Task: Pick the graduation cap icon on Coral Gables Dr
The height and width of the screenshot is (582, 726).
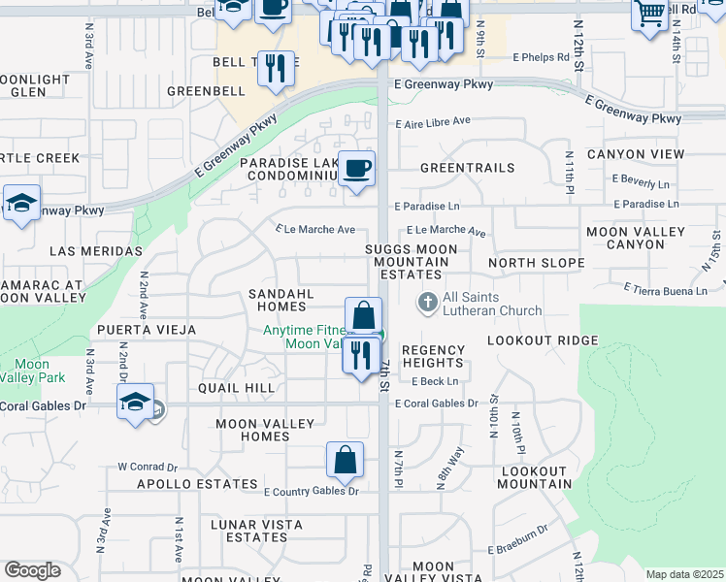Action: [x=136, y=403]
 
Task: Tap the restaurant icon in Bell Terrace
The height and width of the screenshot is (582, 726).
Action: [x=276, y=70]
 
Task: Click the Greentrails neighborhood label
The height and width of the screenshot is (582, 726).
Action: [x=467, y=168]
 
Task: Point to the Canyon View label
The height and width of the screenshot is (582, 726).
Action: [x=636, y=154]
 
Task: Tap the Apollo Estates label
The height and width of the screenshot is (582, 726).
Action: [x=183, y=483]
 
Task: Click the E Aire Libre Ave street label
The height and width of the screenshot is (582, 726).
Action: [x=432, y=121]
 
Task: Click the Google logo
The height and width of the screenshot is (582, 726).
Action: [x=32, y=570]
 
